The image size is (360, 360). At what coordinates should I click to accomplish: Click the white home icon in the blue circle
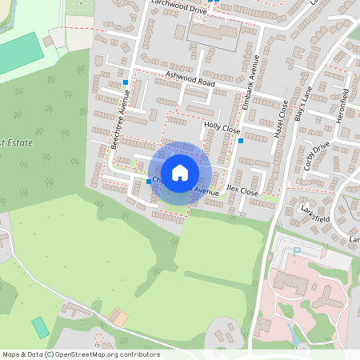tap(180, 172)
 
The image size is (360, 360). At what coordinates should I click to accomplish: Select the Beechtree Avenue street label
tap(121, 117)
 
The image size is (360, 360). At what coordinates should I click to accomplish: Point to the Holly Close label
tap(222, 127)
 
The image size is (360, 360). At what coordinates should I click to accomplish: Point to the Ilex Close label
tap(242, 192)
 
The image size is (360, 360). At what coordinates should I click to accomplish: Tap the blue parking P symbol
tap(297, 251)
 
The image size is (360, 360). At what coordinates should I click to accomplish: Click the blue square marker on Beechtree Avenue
tap(126, 82)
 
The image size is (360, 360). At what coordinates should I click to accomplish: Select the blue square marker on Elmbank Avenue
tap(241, 141)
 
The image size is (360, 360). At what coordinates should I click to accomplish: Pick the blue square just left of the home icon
tap(148, 182)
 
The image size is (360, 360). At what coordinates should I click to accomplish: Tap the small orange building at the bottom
tap(118, 318)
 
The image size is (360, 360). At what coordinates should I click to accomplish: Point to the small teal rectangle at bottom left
tap(40, 327)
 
